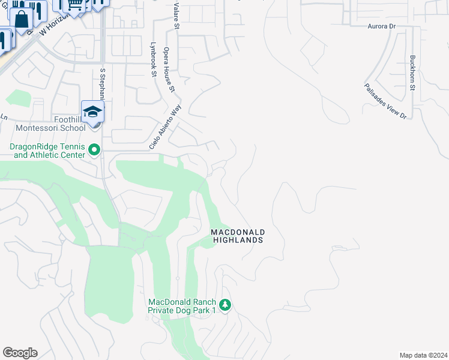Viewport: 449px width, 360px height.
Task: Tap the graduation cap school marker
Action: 93,112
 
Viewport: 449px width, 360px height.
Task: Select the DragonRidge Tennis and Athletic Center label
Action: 46,151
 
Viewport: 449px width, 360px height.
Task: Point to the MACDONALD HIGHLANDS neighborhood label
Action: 238,236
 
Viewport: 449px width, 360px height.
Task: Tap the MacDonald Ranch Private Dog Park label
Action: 182,306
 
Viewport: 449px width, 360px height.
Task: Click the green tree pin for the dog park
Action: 225,305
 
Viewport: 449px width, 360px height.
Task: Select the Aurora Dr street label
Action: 382,27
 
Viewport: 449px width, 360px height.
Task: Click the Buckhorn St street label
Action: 412,73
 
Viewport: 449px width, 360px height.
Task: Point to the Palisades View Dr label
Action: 385,101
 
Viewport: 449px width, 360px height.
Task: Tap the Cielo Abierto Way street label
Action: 165,127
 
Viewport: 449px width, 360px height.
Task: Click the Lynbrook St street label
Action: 153,59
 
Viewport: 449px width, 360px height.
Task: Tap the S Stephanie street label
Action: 103,84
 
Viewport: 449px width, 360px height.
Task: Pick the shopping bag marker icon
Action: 22,19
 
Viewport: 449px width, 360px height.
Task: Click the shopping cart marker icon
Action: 74,5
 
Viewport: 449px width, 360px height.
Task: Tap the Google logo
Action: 20,353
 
